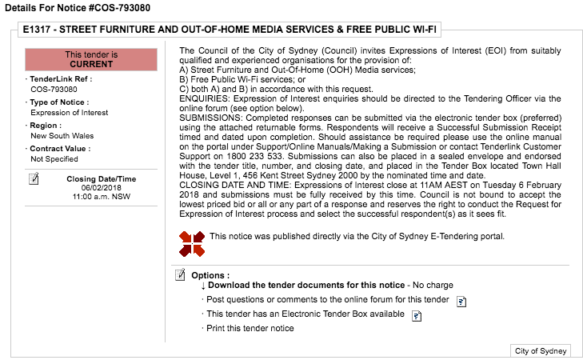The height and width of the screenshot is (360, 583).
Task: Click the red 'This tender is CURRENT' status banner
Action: pos(90,58)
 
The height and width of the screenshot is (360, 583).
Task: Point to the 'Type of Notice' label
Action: pos(60,102)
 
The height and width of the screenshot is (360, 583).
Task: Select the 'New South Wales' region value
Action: pos(62,136)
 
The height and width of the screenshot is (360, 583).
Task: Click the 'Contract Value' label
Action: pos(60,148)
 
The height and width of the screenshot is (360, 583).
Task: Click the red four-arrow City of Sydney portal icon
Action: pos(192,243)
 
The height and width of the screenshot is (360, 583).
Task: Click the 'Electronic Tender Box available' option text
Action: pos(305,314)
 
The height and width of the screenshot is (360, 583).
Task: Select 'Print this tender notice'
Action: pos(250,328)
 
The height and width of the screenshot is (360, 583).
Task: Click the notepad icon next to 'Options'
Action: pos(181,275)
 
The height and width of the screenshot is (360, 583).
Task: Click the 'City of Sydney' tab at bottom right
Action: pos(541,351)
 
